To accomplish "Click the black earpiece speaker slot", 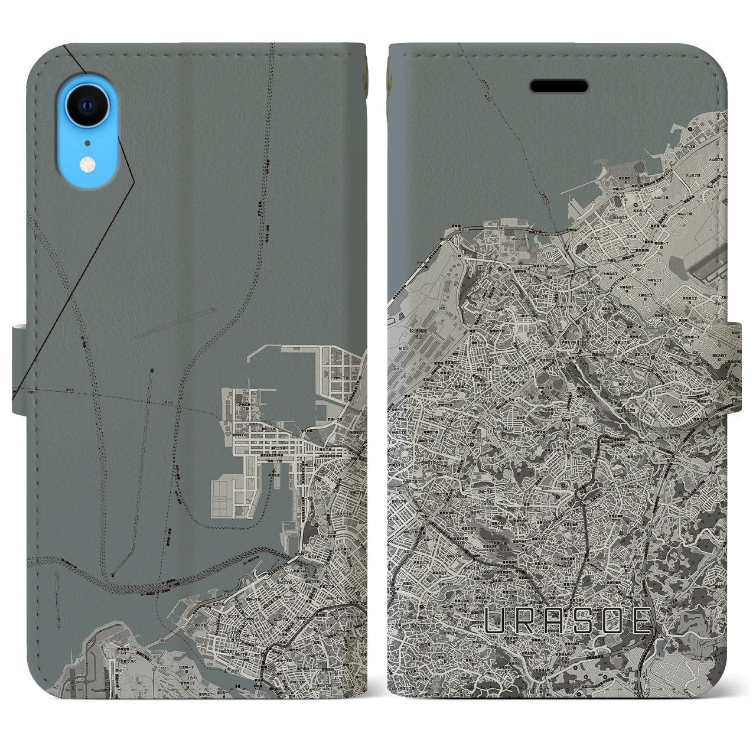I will click(559, 87).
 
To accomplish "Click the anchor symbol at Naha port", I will click(152, 370).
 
